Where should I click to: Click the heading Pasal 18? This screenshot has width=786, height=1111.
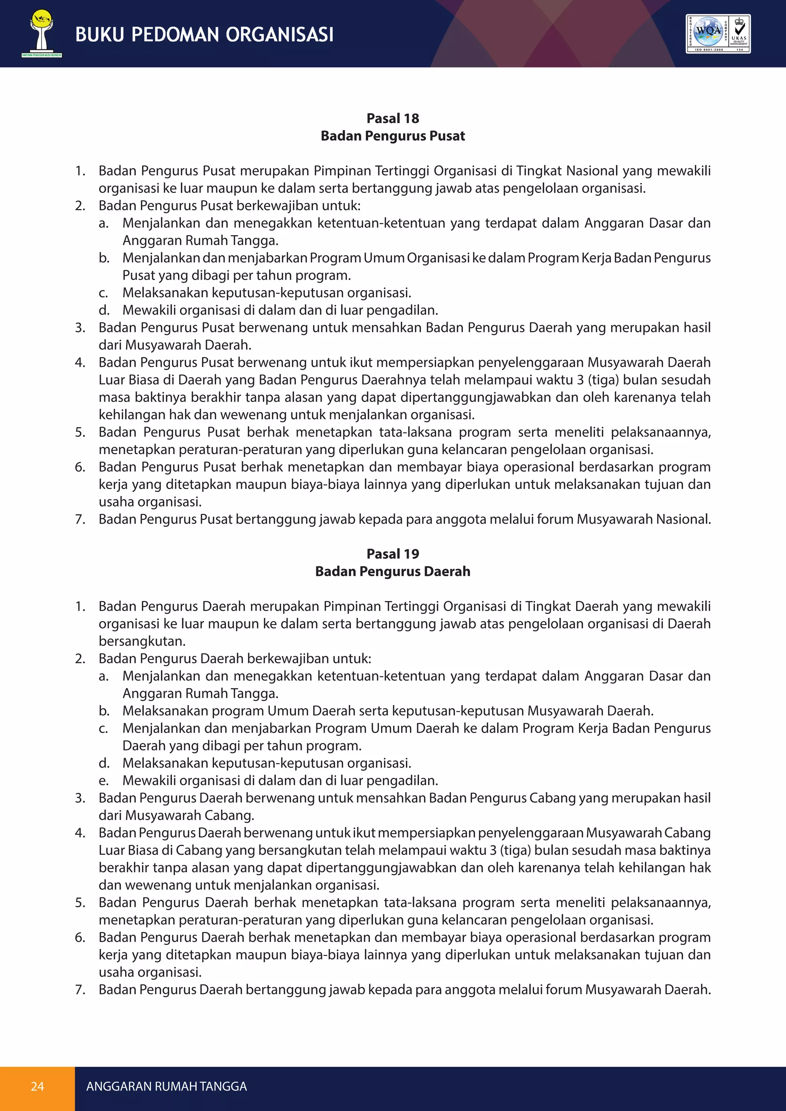[x=393, y=119]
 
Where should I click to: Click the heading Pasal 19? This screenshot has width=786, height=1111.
[x=393, y=554]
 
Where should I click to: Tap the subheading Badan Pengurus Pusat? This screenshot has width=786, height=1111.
[x=393, y=136]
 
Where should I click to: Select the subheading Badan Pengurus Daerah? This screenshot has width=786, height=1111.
[x=393, y=572]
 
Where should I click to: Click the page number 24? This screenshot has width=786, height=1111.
[x=37, y=1086]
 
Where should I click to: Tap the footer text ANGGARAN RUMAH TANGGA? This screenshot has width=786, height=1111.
[x=167, y=1086]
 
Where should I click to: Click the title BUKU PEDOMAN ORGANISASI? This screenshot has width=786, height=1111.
[x=204, y=35]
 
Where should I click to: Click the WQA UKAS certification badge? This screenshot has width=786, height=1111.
[x=718, y=33]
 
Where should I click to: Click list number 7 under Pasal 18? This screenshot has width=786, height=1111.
[x=80, y=519]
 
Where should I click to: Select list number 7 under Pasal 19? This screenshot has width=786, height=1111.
[x=80, y=989]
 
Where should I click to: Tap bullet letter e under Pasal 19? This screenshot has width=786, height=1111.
[x=104, y=781]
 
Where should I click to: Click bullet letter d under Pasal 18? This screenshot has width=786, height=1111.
[x=104, y=310]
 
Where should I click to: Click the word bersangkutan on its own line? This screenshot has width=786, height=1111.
[x=142, y=641]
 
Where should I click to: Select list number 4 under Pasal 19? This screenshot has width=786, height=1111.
[x=80, y=833]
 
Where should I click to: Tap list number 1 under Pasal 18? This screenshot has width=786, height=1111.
[x=80, y=171]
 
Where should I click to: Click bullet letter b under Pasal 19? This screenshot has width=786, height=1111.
[x=104, y=711]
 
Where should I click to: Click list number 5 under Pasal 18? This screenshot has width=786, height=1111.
[x=80, y=432]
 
